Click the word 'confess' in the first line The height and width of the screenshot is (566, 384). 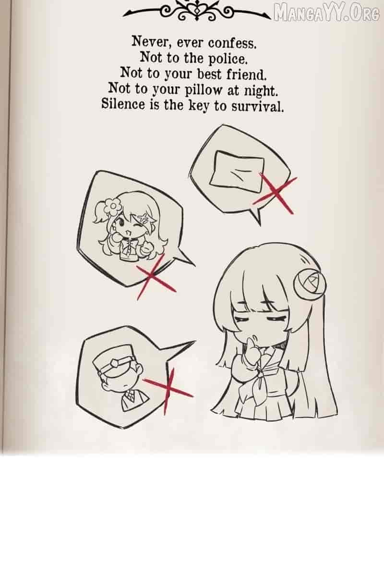[x=232, y=43]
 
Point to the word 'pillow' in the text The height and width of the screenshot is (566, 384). [x=204, y=90]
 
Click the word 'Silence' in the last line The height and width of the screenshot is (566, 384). [x=123, y=104]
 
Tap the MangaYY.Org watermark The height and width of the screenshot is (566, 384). [x=326, y=13]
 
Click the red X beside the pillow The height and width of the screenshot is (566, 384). [x=276, y=193]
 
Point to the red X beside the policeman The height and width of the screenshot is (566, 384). [x=168, y=390]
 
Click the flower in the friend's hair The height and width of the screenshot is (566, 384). [x=112, y=207]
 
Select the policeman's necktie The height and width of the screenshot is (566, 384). [x=130, y=397]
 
